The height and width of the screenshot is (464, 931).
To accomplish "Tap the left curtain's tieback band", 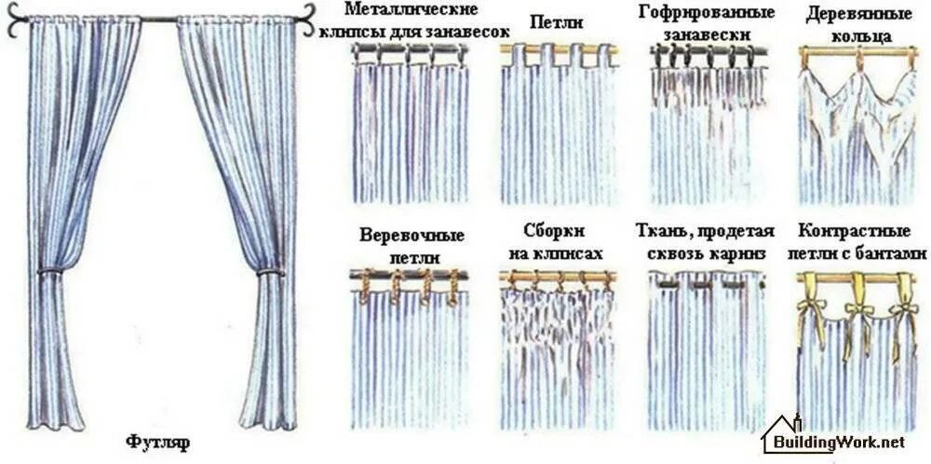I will [x=50, y=271].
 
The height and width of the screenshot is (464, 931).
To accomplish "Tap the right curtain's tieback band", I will [x=270, y=272].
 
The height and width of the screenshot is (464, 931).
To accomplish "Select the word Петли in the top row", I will [x=557, y=21].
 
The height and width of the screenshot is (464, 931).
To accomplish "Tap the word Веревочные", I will [x=412, y=235].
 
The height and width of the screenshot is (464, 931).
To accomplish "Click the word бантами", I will [x=895, y=252].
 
